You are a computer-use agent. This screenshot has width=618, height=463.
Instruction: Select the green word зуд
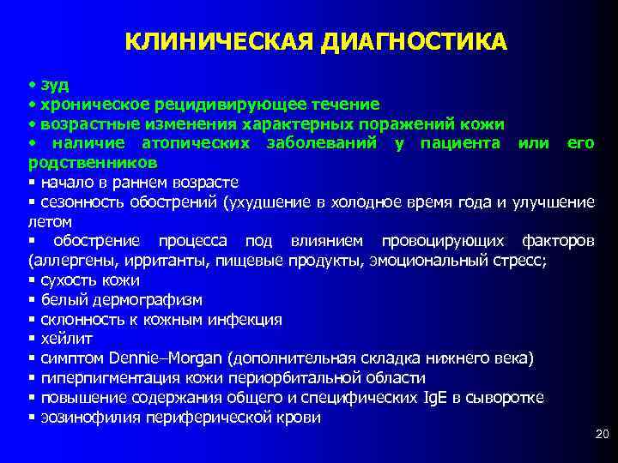pos(54,85)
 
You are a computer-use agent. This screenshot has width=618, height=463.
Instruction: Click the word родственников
pos(92,162)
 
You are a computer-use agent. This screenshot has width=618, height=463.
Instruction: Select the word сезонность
pos(80,201)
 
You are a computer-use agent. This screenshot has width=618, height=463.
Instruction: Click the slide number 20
pos(601,436)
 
